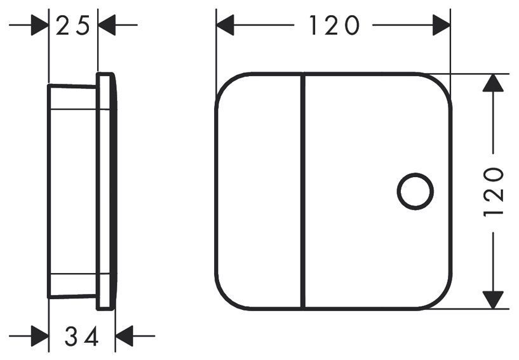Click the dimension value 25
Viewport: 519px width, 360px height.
click(x=73, y=25)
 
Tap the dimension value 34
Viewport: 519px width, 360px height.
click(x=82, y=336)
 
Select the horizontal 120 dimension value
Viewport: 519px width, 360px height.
click(x=334, y=25)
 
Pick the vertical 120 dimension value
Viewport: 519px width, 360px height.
click(x=493, y=192)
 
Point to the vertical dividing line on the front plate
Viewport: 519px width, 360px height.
click(x=302, y=191)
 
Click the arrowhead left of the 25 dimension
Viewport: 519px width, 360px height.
click(x=40, y=25)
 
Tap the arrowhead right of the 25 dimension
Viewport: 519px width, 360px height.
click(x=107, y=25)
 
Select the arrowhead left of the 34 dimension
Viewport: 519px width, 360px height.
click(x=40, y=336)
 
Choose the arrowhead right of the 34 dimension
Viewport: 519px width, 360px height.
click(x=125, y=336)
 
